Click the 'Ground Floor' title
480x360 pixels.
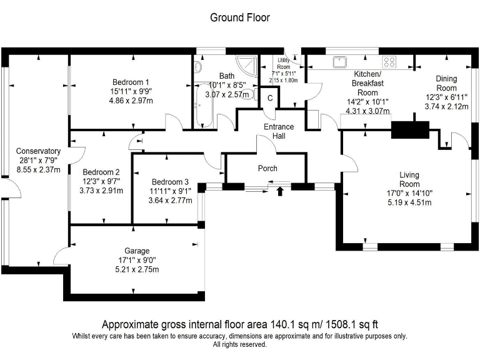click(x=240, y=17)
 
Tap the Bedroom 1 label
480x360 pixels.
click(x=131, y=82)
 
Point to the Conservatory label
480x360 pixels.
click(x=38, y=151)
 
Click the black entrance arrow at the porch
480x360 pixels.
click(x=279, y=191)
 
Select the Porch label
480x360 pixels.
click(x=267, y=169)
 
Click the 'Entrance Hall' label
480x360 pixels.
click(x=278, y=131)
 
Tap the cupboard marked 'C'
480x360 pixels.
click(x=271, y=98)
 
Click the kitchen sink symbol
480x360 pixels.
click(x=341, y=61)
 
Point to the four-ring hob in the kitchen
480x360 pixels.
click(x=390, y=61)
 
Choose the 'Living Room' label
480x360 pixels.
click(x=409, y=179)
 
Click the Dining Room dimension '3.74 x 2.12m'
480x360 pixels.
click(x=446, y=107)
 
